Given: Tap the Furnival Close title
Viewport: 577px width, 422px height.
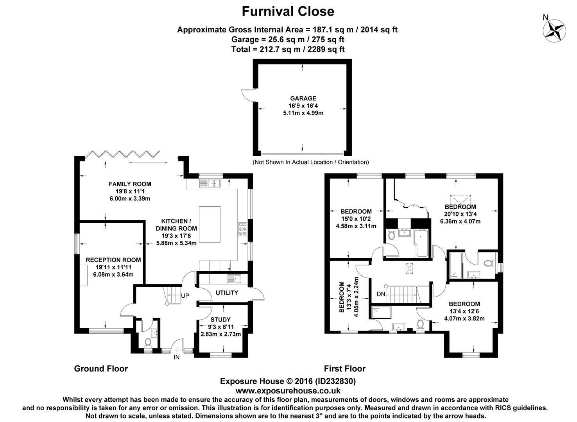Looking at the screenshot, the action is click(x=288, y=12).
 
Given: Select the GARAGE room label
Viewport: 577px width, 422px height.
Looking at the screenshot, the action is click(x=303, y=98).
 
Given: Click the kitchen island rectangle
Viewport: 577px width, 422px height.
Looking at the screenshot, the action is click(x=210, y=224).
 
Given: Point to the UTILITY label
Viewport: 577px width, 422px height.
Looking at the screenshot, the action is click(x=227, y=293).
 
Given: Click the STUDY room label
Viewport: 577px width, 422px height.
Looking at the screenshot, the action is click(x=220, y=320).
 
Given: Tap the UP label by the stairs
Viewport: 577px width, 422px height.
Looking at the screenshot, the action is click(x=185, y=295).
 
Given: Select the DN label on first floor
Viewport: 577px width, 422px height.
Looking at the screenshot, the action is click(x=381, y=294).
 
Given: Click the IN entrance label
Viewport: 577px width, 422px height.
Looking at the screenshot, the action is click(x=176, y=357).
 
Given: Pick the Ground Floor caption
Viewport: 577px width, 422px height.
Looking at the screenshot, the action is click(x=101, y=369).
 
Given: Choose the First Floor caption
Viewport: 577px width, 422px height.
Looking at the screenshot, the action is click(x=345, y=369).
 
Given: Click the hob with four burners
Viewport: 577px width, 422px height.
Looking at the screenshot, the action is click(x=242, y=229).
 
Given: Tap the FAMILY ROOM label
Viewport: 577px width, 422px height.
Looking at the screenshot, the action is click(x=130, y=184).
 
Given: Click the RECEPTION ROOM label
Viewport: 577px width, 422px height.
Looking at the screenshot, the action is click(x=113, y=260).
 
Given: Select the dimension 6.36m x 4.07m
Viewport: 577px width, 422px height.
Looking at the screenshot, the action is click(x=461, y=222).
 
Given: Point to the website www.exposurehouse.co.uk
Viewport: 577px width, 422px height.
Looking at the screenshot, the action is click(x=288, y=391).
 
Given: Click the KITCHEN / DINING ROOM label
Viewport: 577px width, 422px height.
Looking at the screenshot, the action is click(x=176, y=225).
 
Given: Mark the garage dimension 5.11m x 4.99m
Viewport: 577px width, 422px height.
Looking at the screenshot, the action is click(x=303, y=113).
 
